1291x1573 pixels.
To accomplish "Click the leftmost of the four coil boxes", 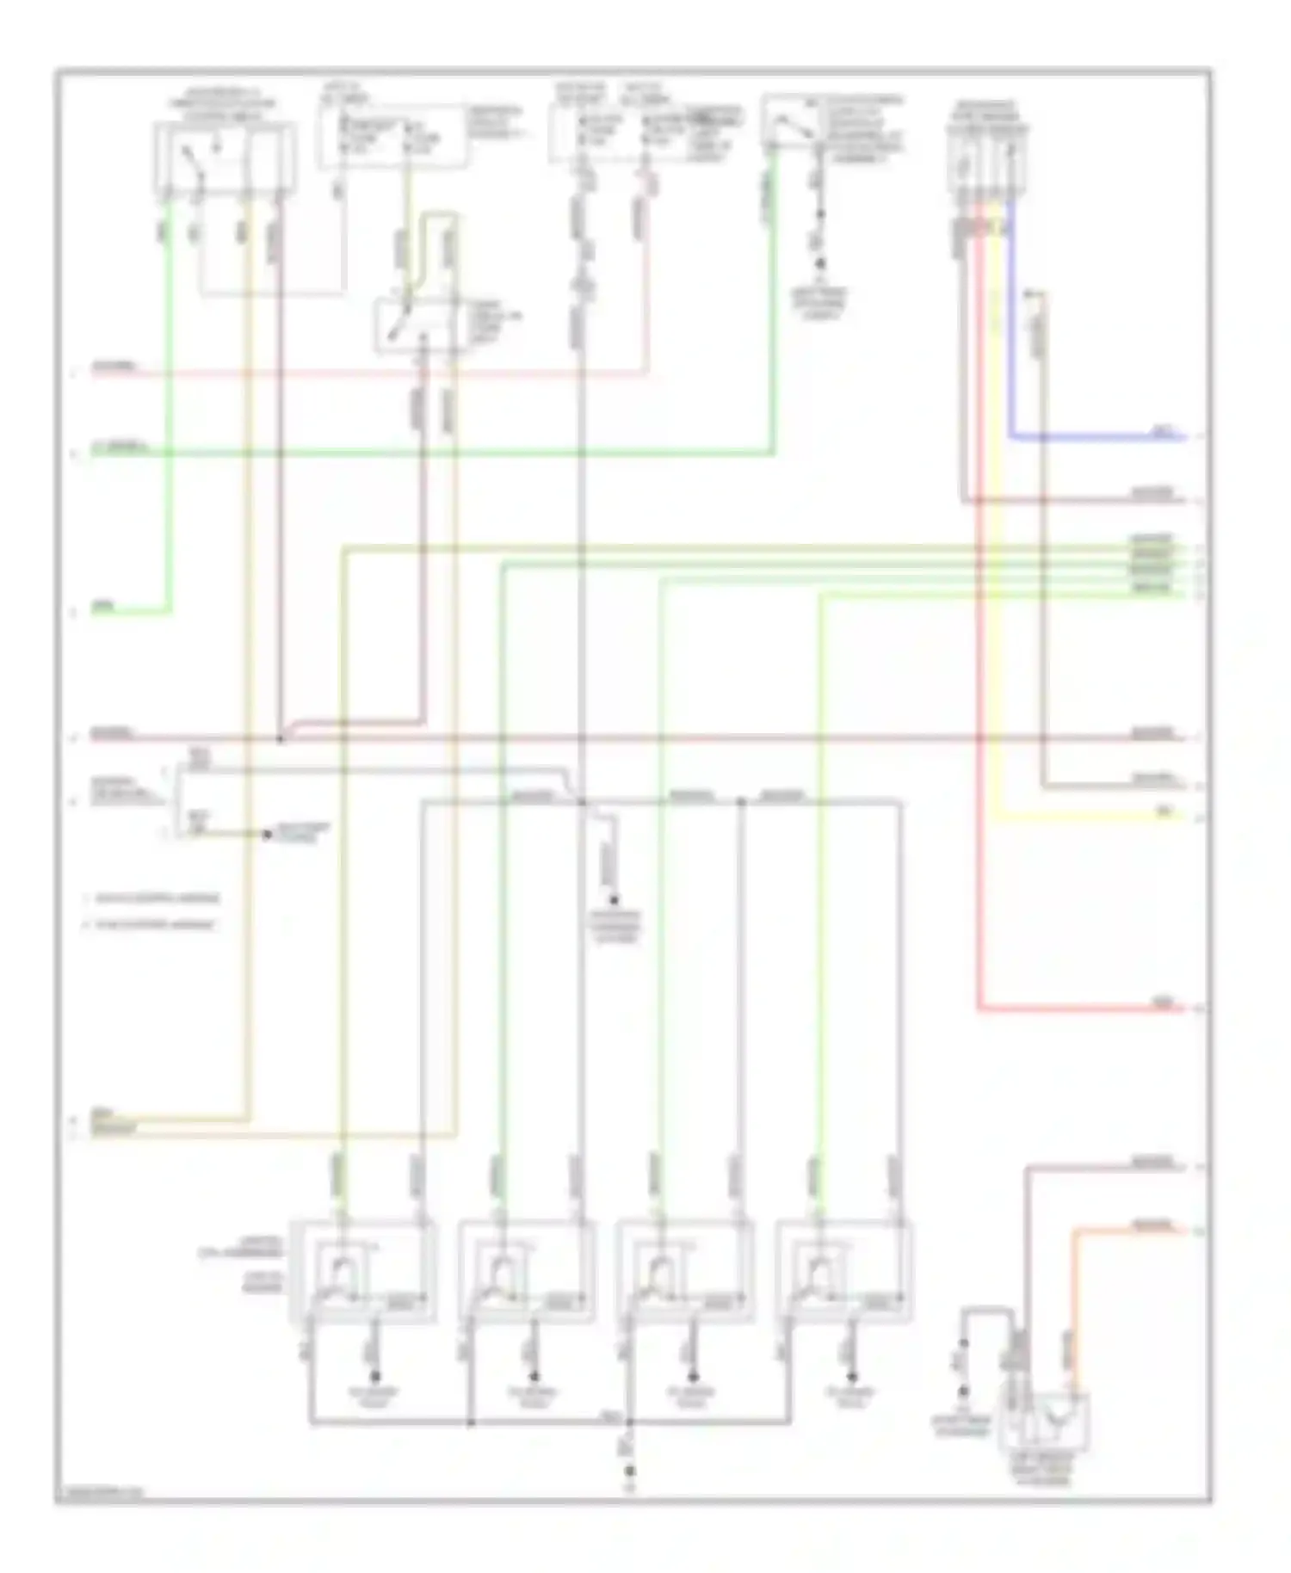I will pyautogui.click(x=362, y=1271).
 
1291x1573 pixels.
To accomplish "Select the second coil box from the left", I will pyautogui.click(x=525, y=1271).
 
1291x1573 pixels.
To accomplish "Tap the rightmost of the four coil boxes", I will pyautogui.click(x=843, y=1271).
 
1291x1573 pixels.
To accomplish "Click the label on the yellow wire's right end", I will pyautogui.click(x=1164, y=811).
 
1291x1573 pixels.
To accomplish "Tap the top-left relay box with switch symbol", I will pyautogui.click(x=225, y=159).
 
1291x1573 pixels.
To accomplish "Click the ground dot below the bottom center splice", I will pyautogui.click(x=629, y=1471).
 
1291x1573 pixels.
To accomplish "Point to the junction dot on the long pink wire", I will pyautogui.click(x=281, y=738).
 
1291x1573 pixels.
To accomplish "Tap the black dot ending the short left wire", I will pyautogui.click(x=267, y=834).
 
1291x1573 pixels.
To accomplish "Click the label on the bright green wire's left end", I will pyautogui.click(x=103, y=608).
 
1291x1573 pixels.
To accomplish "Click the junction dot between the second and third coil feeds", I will pyautogui.click(x=741, y=802).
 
